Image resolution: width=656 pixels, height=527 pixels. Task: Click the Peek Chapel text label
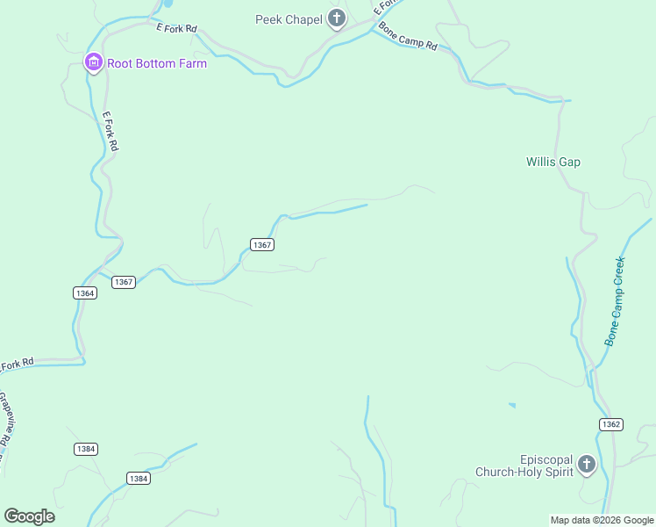pyautogui.click(x=288, y=19)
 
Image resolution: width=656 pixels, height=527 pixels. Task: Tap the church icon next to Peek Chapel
pyautogui.click(x=336, y=18)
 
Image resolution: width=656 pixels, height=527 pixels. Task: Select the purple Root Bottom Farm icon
pyautogui.click(x=94, y=62)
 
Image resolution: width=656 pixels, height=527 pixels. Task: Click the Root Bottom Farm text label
pyautogui.click(x=157, y=63)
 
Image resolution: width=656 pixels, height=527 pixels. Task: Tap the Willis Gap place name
pyautogui.click(x=553, y=162)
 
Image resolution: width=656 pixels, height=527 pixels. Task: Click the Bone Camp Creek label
pyautogui.click(x=616, y=300)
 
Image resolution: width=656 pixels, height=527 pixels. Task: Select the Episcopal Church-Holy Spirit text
pyautogui.click(x=524, y=466)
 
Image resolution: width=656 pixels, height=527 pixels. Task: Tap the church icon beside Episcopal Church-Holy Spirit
pyautogui.click(x=586, y=465)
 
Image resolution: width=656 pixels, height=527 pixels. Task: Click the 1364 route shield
pyautogui.click(x=84, y=292)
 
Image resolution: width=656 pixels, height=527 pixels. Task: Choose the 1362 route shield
pyautogui.click(x=611, y=424)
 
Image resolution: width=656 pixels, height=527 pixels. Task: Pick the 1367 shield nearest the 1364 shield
pyautogui.click(x=124, y=282)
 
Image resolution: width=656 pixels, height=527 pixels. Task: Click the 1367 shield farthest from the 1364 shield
pyautogui.click(x=261, y=244)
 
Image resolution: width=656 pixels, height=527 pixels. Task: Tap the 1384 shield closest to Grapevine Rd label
pyautogui.click(x=85, y=449)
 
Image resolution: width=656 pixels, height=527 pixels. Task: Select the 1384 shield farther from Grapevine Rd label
pyautogui.click(x=138, y=478)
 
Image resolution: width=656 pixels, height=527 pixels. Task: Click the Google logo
pyautogui.click(x=29, y=516)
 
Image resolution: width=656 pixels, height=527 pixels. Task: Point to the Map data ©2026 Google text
pyautogui.click(x=602, y=520)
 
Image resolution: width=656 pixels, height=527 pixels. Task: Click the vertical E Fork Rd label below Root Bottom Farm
pyautogui.click(x=110, y=130)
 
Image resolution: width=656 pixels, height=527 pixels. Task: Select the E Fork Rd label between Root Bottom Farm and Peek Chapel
pyautogui.click(x=175, y=29)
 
